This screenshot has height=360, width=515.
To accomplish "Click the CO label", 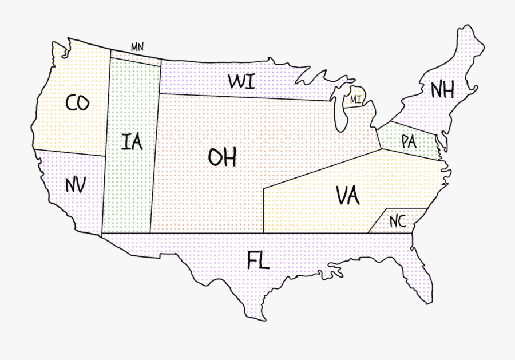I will click(77, 103).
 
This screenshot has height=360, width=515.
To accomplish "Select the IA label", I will click(132, 141).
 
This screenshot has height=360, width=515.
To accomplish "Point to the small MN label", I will click(137, 47).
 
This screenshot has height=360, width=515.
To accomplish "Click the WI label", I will click(241, 81).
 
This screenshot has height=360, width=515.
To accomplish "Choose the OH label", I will click(222, 157).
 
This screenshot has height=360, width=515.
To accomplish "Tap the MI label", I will click(356, 100).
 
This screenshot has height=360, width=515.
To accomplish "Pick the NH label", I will click(442, 90).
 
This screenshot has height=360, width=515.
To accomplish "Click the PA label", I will click(409, 141).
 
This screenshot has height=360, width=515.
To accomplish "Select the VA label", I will click(347, 196).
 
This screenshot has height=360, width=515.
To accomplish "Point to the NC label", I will click(398, 221).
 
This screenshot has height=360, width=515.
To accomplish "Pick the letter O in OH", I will click(215, 157).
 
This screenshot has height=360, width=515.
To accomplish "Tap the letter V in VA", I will click(341, 196).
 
